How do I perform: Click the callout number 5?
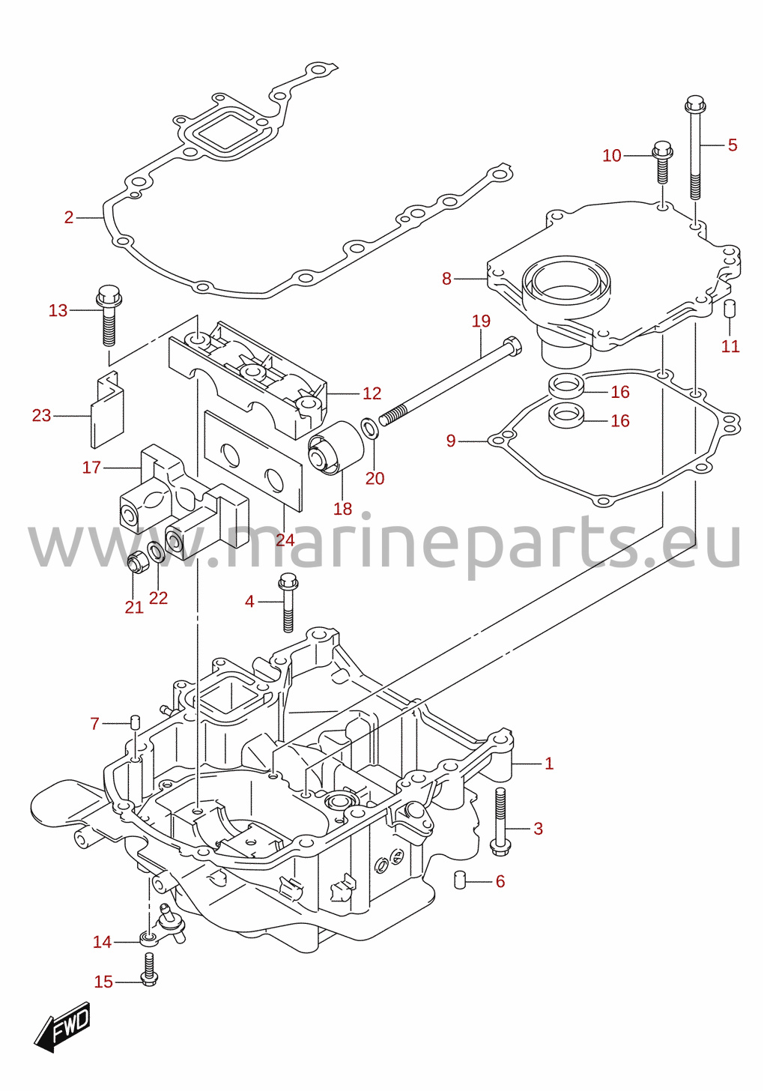(x=733, y=145)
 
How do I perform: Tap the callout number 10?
(x=612, y=156)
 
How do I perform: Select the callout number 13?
(x=58, y=310)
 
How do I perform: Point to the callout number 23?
(x=41, y=415)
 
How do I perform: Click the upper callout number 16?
(x=620, y=392)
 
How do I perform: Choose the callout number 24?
(x=285, y=540)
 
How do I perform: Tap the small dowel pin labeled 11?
(x=730, y=309)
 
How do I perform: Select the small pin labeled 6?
(x=460, y=880)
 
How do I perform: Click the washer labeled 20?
(x=369, y=427)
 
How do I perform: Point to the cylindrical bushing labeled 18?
(x=336, y=447)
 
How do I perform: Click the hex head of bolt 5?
(x=695, y=103)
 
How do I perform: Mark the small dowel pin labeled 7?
(x=136, y=728)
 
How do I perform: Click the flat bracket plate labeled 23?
(x=106, y=409)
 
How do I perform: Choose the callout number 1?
(x=549, y=764)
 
